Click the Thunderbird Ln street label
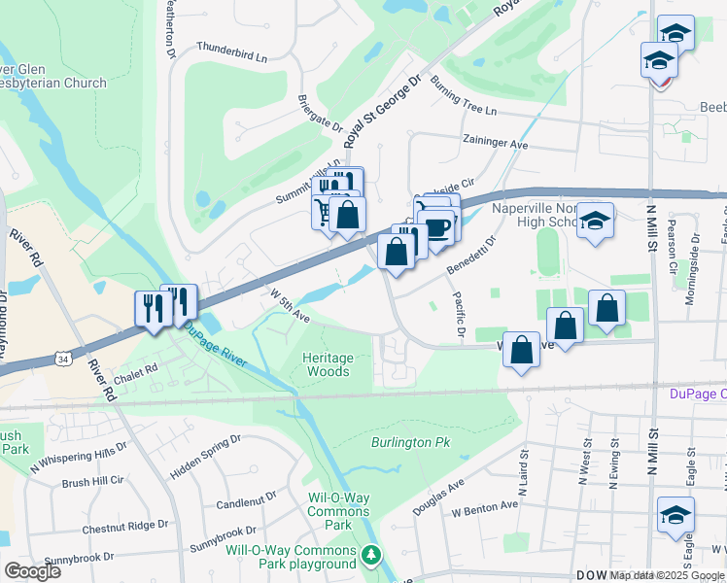pos(231,51)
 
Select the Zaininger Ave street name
pos(495,143)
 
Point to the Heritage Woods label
pos(327,364)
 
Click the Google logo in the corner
pos(32,570)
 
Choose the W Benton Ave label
pos(484,507)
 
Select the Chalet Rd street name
pos(135,369)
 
